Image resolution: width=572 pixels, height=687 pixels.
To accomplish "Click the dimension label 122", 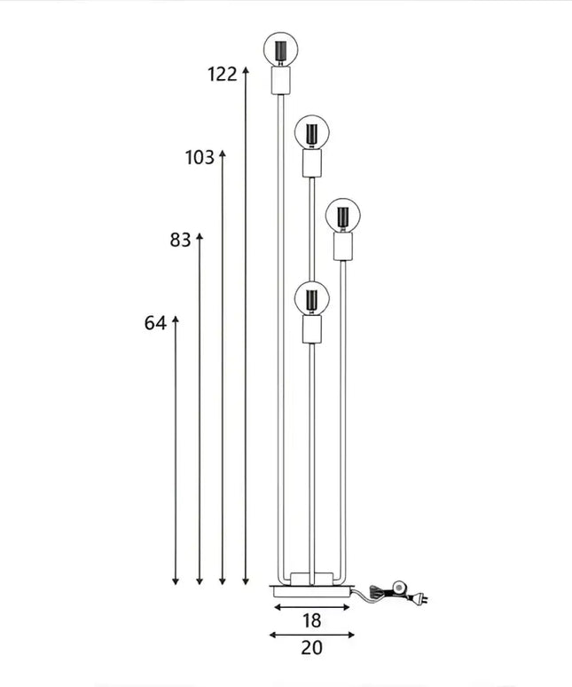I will click(223, 75).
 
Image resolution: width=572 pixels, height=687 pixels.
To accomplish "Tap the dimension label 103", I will click(200, 158).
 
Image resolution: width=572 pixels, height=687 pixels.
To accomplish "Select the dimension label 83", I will click(180, 240).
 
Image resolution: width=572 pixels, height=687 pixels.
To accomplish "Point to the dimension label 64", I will click(155, 323).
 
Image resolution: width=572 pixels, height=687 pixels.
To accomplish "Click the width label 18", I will click(311, 620).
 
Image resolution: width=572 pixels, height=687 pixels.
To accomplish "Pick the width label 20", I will click(311, 648).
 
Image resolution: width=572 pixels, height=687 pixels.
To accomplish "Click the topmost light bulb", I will click(280, 48).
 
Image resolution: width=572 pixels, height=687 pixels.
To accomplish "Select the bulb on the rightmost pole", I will click(343, 215).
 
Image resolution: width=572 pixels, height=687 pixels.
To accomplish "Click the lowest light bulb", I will click(312, 298).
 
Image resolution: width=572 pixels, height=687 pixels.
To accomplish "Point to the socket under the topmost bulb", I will click(280, 82).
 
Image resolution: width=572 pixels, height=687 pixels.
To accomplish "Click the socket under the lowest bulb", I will click(312, 331).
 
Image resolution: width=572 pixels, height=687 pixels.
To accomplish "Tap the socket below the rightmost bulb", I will click(343, 248).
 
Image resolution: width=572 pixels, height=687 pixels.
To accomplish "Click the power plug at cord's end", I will click(424, 601).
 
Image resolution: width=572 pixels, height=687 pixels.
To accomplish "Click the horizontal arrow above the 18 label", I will click(312, 607).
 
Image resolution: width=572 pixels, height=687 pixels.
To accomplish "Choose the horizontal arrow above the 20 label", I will click(311, 635).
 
